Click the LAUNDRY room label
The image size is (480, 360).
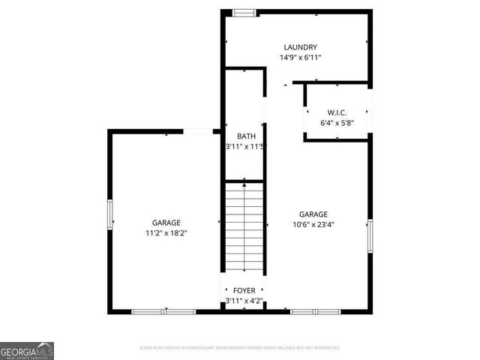tap(299, 46)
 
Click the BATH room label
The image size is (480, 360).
tap(246, 136)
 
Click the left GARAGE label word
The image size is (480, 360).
tap(166, 223)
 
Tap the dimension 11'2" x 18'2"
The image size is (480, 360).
tap(166, 233)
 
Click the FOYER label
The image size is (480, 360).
tap(244, 290)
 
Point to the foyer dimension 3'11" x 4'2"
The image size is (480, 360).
tap(244, 301)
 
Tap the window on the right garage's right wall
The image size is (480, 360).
tap(370, 235)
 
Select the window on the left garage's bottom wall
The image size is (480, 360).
tap(163, 311)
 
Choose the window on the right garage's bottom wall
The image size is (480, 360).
tap(315, 311)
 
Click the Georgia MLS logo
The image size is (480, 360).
tap(27, 351)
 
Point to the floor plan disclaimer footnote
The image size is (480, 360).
tap(240, 348)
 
